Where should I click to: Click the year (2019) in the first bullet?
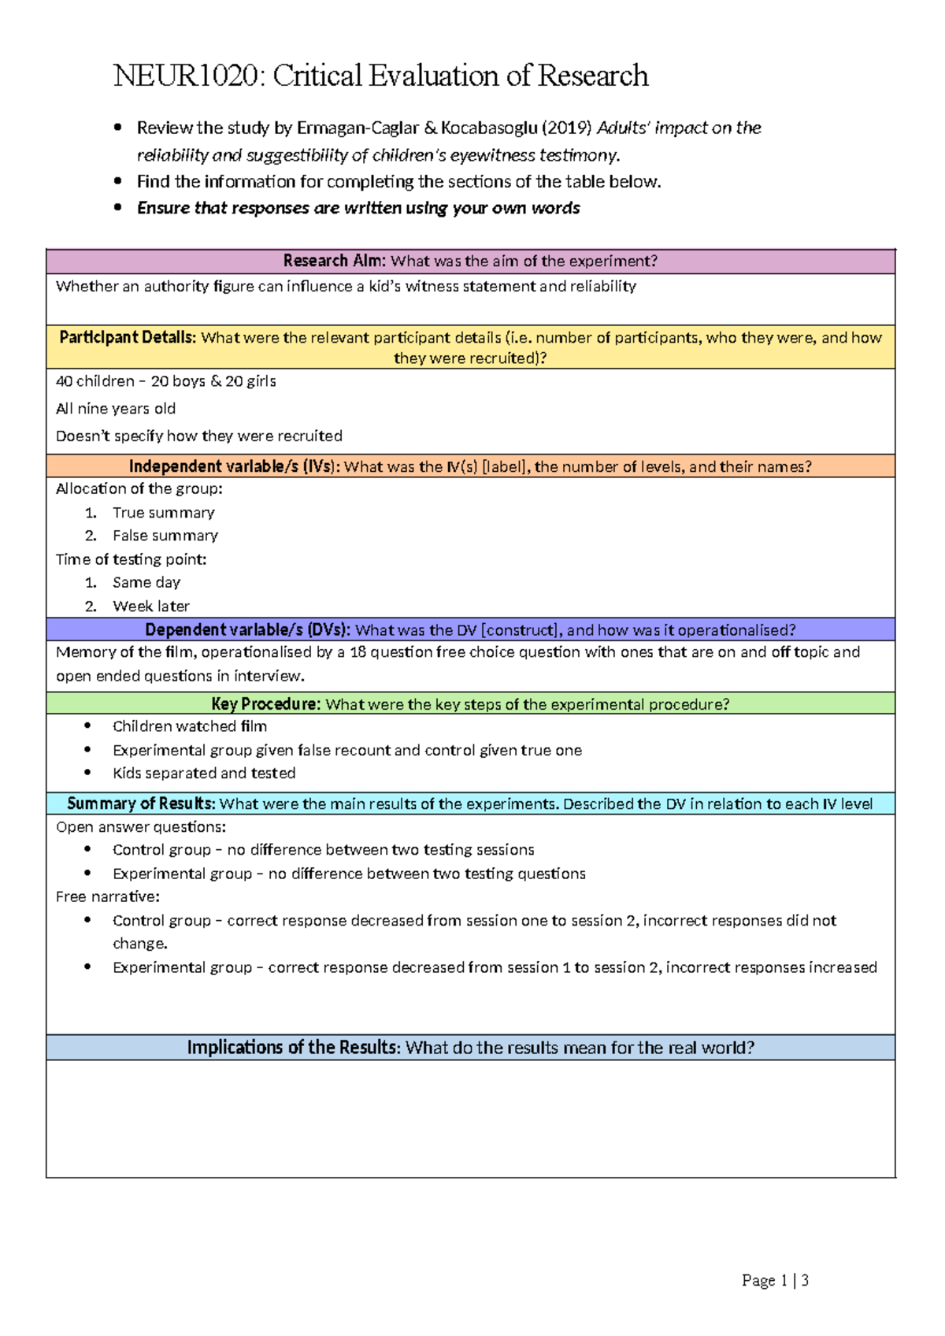coord(568,128)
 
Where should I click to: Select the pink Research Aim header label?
coord(334,261)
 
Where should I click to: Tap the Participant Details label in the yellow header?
coord(127,337)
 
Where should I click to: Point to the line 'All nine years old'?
coord(116,409)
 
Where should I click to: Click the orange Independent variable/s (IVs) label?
coord(234,466)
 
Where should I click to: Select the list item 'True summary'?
coord(163,513)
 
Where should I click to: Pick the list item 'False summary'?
coord(165,536)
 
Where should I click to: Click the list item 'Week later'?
coord(150,607)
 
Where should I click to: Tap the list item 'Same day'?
coord(146,583)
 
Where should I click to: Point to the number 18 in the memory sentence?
coord(358,652)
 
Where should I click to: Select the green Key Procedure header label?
coord(265,704)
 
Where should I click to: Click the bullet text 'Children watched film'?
coord(189,726)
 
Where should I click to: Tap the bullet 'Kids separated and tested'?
coord(204,774)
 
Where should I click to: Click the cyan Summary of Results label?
coord(141,803)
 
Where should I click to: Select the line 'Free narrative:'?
coord(107,896)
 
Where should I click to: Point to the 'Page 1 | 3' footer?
coord(774,1281)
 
